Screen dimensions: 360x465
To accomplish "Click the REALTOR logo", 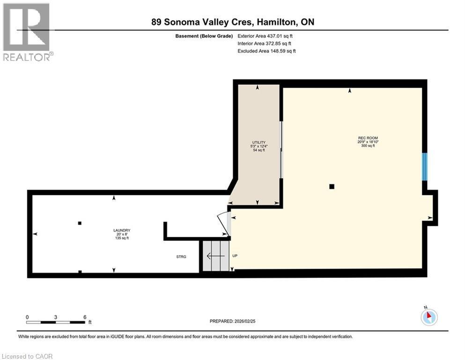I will point(27,32).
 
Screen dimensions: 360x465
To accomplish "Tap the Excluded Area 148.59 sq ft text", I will point(266,51).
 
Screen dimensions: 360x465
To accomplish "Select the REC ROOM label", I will point(367,138).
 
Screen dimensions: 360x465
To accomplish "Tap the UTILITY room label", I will point(258,142).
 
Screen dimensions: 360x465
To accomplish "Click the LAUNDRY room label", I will point(121,230).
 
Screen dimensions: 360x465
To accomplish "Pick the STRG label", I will point(181,256).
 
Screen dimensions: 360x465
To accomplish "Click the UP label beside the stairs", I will point(236,256).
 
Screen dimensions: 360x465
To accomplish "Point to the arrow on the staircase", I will point(215,256).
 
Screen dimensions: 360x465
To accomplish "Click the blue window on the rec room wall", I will point(425,167).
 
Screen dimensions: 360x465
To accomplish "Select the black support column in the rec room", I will point(332,187).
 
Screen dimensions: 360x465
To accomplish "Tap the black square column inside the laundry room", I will point(80,223).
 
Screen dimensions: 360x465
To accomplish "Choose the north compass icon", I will point(429,317).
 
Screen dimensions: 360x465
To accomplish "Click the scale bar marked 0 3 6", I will point(56,322).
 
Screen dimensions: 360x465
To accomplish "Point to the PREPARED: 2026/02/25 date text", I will point(233,321).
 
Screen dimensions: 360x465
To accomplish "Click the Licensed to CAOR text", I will point(27,356).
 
